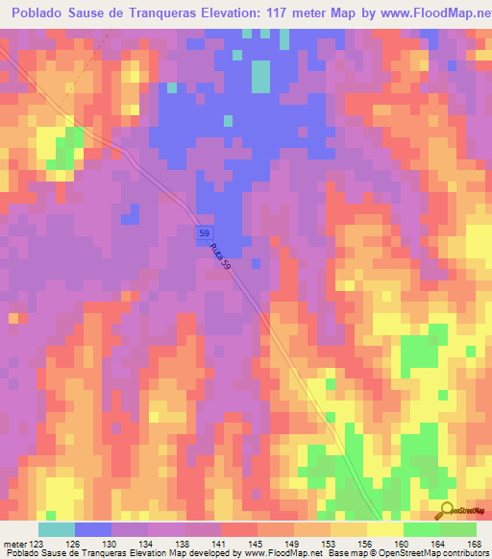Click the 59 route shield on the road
tap(204, 233)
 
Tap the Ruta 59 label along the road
tap(219, 255)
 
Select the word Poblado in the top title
tap(42, 14)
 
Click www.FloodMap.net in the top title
tap(428, 14)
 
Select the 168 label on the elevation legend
tap(473, 544)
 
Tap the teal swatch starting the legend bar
tap(57, 529)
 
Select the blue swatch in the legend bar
tap(93, 529)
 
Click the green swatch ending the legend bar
tap(457, 529)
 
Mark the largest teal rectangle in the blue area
tap(260, 77)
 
